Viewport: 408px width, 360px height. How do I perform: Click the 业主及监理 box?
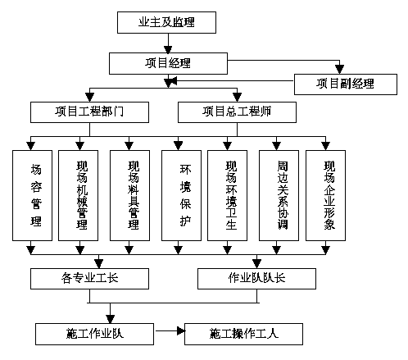click(x=166, y=22)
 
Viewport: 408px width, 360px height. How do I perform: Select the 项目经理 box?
click(x=168, y=63)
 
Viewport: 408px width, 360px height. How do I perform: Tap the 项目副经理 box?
click(x=346, y=84)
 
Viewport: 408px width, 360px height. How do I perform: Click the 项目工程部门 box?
click(x=89, y=112)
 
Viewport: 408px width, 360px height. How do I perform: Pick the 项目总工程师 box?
click(x=237, y=112)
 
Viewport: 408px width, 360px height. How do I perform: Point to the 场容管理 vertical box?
click(x=32, y=195)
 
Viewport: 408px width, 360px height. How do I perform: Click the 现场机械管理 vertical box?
click(x=79, y=195)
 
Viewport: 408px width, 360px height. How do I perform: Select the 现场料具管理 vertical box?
click(x=129, y=195)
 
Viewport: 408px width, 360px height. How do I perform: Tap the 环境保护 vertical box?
click(x=181, y=195)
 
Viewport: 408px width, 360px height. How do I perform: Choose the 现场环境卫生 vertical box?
click(x=228, y=195)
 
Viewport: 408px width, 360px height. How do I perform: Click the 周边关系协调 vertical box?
click(x=279, y=195)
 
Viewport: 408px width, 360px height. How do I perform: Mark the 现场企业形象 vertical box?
click(x=325, y=195)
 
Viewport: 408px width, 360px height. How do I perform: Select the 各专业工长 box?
click(x=89, y=279)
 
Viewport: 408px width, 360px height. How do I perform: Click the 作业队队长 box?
click(x=256, y=279)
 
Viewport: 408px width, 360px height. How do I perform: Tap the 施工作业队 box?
click(x=94, y=334)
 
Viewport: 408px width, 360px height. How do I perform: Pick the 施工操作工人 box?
click(x=243, y=334)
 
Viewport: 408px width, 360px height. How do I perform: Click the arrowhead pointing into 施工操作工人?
click(x=181, y=331)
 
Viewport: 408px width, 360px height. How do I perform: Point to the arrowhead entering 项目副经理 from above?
click(x=339, y=70)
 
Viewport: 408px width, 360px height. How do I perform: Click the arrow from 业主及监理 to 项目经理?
click(x=168, y=43)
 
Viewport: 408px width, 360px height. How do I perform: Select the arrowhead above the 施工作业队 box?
click(x=110, y=319)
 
